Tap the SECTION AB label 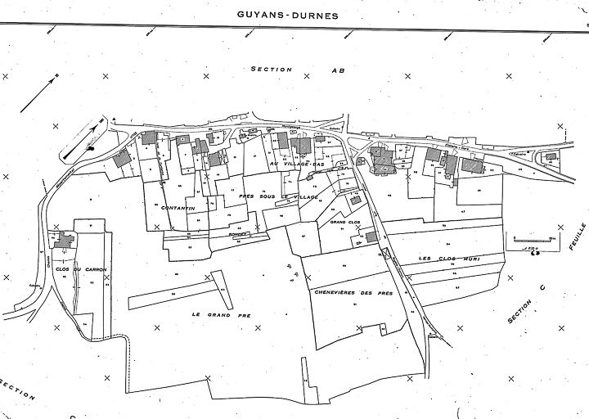coord(299,70)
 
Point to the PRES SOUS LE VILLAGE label coord(267,198)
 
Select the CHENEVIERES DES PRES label coord(353,291)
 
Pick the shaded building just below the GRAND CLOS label coord(371,237)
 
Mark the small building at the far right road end coord(551,156)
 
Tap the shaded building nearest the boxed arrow coord(123,159)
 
